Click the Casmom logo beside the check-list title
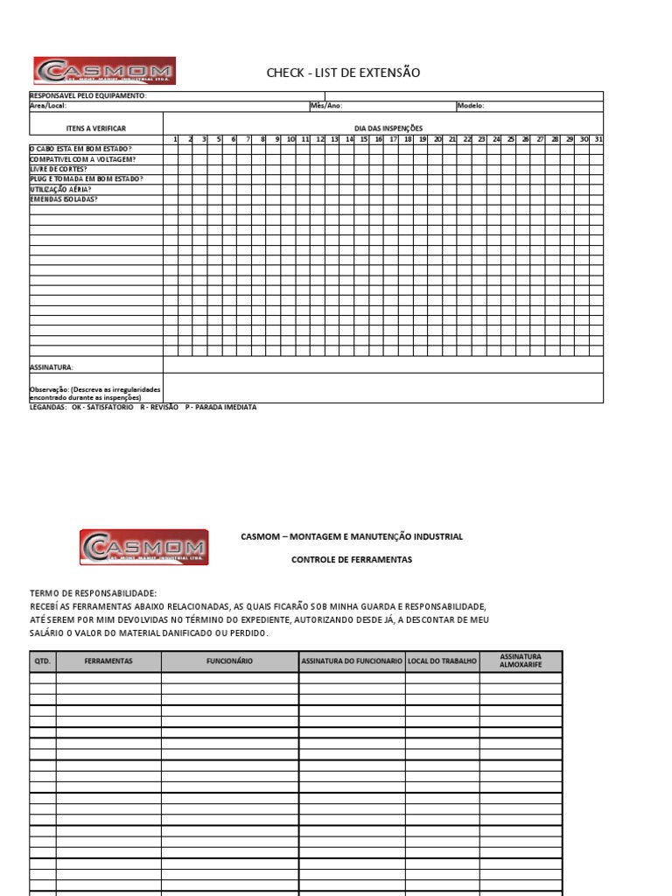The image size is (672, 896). point(104,71)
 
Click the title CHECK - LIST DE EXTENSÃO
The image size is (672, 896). point(343,73)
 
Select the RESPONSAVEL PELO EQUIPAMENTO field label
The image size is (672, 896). point(88,96)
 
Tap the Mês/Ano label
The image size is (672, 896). point(325,106)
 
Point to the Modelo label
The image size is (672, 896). point(470,106)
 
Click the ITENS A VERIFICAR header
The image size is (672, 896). point(96,129)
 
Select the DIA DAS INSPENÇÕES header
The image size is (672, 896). point(388,129)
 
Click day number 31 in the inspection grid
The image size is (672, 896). point(598,139)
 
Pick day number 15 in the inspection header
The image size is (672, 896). point(363,139)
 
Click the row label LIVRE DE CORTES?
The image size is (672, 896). point(59,169)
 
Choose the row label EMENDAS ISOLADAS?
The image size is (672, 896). point(64,199)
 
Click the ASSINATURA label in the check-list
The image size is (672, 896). point(52,367)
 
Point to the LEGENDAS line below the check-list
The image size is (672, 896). point(143,407)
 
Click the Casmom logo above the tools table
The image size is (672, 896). point(144,547)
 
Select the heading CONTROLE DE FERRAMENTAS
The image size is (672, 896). point(351,559)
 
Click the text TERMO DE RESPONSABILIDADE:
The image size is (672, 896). point(93,593)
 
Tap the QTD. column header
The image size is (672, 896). point(43,661)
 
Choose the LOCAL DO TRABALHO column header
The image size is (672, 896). point(442,661)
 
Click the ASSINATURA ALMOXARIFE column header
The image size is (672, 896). point(521,661)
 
